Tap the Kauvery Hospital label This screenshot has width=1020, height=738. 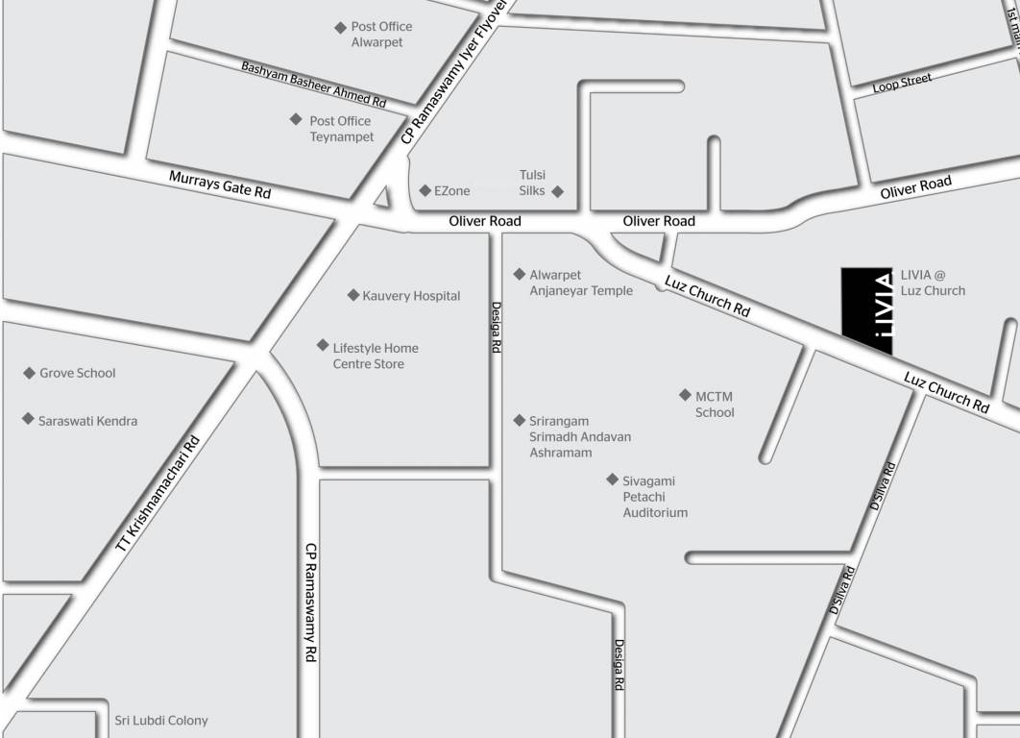tap(411, 296)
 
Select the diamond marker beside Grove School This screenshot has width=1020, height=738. tap(29, 373)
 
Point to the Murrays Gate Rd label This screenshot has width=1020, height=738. tap(220, 184)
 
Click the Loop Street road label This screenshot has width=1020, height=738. tap(902, 83)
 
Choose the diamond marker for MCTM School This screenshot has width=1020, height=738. tap(685, 395)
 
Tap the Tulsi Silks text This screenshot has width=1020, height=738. tap(532, 183)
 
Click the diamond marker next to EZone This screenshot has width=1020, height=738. tap(425, 190)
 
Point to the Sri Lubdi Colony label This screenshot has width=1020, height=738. tap(161, 720)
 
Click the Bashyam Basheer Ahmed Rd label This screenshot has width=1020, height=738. tap(313, 85)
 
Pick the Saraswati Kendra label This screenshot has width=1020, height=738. tap(87, 421)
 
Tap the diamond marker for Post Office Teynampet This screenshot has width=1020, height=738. tap(296, 119)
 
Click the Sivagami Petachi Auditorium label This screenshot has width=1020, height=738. tap(655, 496)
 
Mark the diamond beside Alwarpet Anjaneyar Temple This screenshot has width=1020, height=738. tap(520, 274)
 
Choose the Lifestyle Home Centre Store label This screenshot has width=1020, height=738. tap(375, 356)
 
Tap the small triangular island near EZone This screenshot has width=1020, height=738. tap(382, 198)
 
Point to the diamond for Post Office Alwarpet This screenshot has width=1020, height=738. tap(339, 28)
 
